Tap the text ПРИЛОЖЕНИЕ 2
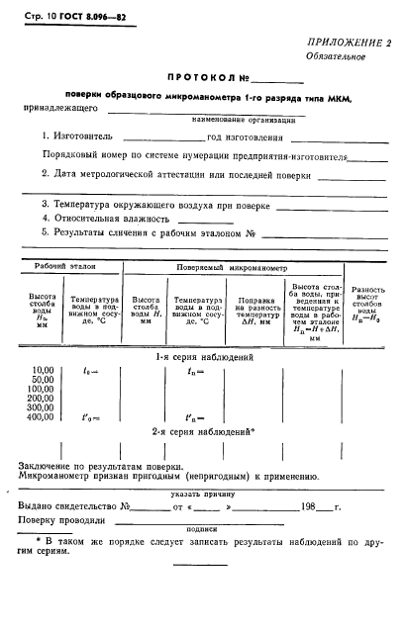click(343, 43)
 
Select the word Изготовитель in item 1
click(84, 137)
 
